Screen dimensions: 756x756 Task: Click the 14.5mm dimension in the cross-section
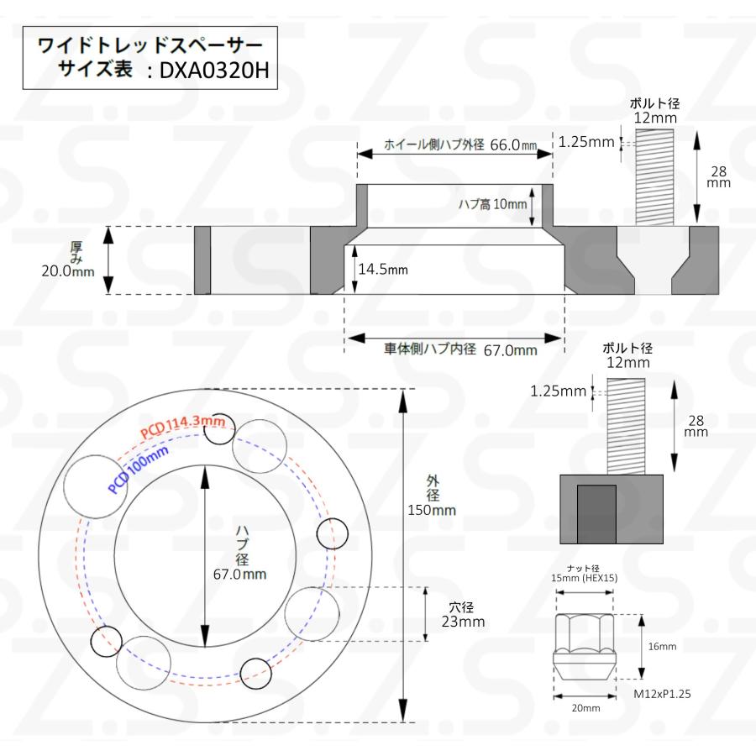pos(383,270)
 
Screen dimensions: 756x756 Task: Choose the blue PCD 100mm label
pos(139,468)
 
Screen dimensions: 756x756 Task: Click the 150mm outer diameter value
pos(433,510)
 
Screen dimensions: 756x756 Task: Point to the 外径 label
pos(433,488)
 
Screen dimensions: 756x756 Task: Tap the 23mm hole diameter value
pos(463,622)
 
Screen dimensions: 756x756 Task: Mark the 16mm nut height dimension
pos(662,647)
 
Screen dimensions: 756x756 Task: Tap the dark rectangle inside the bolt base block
pos(597,514)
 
